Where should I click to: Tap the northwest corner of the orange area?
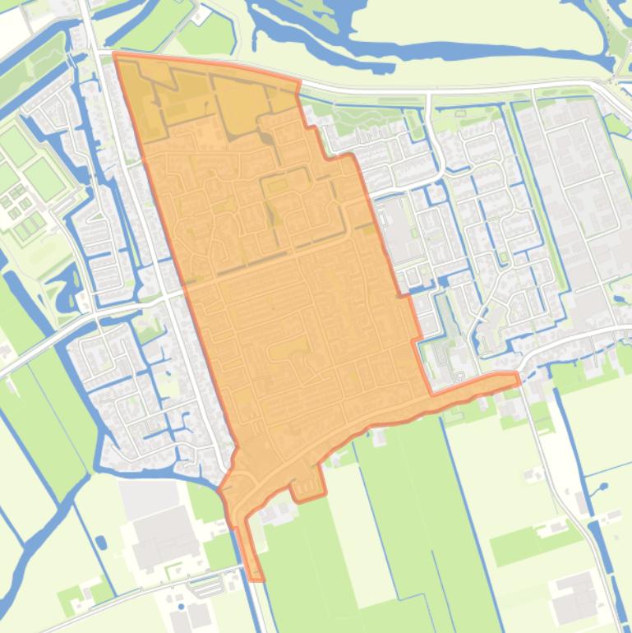click(114, 53)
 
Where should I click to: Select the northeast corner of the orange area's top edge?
click(298, 82)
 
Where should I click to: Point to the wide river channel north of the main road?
click(411, 41)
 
